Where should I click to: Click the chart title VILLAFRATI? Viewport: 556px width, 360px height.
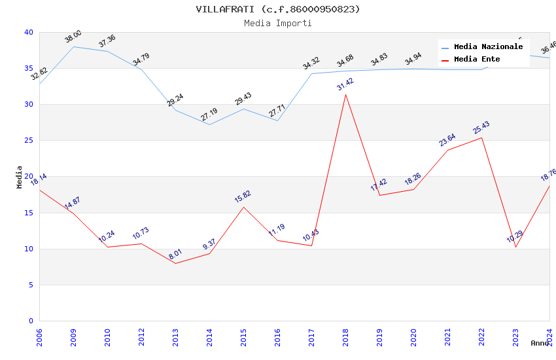(x=278, y=9)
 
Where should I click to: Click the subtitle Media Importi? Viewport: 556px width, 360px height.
(x=278, y=24)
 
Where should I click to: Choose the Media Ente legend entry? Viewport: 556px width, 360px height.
(x=477, y=60)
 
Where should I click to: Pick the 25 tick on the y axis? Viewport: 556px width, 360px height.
(x=29, y=141)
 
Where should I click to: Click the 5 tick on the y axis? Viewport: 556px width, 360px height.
(x=31, y=285)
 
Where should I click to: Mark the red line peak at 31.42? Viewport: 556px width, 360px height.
(x=345, y=94)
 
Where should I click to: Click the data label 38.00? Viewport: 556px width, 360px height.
(x=73, y=37)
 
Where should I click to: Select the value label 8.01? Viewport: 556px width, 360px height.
(x=175, y=255)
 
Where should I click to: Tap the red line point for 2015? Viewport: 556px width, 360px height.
(x=243, y=207)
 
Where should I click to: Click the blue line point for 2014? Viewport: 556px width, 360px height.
(x=209, y=124)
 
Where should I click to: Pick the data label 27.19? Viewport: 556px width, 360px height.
(x=209, y=115)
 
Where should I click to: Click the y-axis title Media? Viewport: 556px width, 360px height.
(x=20, y=177)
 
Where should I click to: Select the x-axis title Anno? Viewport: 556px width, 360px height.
(x=540, y=343)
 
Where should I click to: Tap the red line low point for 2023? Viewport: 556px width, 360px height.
(x=515, y=247)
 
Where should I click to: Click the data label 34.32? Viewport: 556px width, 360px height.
(x=311, y=63)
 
